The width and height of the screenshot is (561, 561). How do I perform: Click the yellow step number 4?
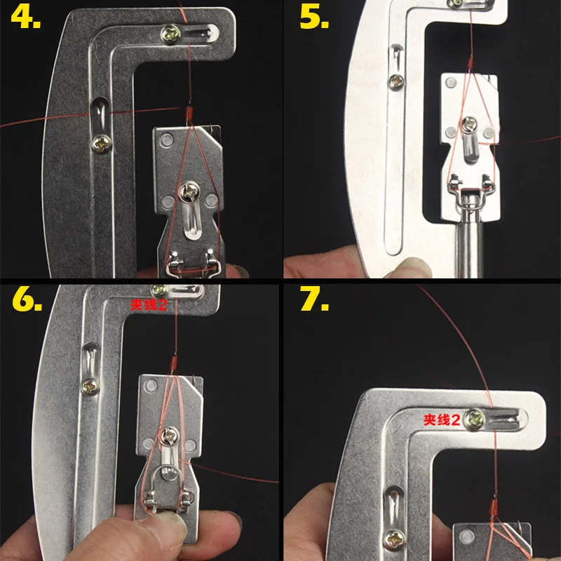(x=25, y=18)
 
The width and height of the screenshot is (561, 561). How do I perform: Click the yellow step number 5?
(x=313, y=18)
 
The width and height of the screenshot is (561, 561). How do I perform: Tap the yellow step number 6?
(x=27, y=302)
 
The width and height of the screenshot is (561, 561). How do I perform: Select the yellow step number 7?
(x=313, y=302)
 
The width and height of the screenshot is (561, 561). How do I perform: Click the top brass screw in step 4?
(x=170, y=32)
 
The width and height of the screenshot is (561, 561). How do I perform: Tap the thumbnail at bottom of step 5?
(x=414, y=265)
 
